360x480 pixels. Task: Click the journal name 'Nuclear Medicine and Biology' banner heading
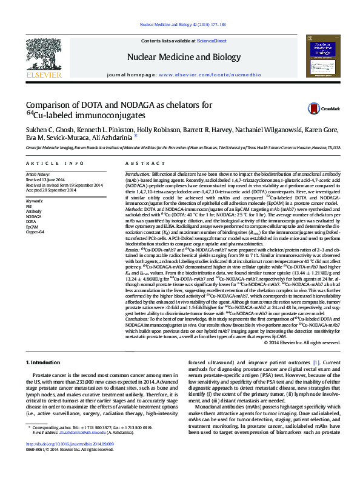click(x=179, y=58)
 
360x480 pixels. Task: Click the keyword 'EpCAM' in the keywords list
click(x=33, y=226)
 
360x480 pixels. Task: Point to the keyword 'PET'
click(x=29, y=206)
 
